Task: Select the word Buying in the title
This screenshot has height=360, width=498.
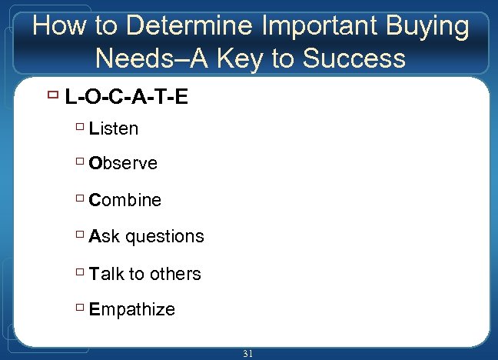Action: (x=427, y=27)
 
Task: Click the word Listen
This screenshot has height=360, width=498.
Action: (x=114, y=128)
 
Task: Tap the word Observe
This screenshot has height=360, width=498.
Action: (x=123, y=163)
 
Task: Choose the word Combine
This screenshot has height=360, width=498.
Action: (x=125, y=200)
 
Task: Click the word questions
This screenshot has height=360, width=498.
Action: (x=165, y=236)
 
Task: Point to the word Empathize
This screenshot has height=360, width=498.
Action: (x=132, y=309)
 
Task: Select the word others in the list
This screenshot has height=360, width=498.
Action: (x=175, y=273)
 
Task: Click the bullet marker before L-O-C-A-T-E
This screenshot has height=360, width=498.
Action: (x=53, y=96)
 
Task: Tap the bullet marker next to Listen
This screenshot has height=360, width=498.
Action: (x=79, y=127)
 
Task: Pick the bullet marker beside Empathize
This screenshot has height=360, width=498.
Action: (x=79, y=308)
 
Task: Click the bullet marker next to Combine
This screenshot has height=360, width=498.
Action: (x=79, y=198)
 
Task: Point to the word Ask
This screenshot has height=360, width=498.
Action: (x=105, y=236)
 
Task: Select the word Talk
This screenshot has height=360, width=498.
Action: (x=106, y=273)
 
